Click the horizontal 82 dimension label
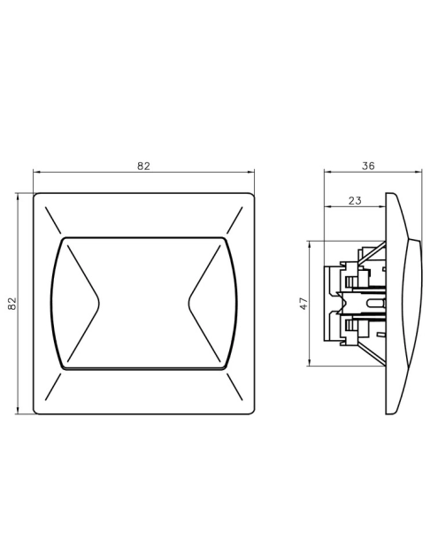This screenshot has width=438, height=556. click(143, 166)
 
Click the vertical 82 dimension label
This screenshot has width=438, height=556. click(12, 304)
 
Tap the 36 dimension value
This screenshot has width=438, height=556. click(368, 166)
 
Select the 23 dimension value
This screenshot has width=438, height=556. click(355, 201)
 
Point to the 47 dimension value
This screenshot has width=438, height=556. click(304, 304)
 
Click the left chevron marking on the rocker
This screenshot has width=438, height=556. click(83, 304)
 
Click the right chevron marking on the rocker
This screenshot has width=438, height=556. click(204, 304)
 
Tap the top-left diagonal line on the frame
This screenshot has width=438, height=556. click(53, 220)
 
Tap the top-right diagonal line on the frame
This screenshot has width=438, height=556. click(234, 220)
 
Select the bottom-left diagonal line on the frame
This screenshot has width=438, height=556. click(53, 387)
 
